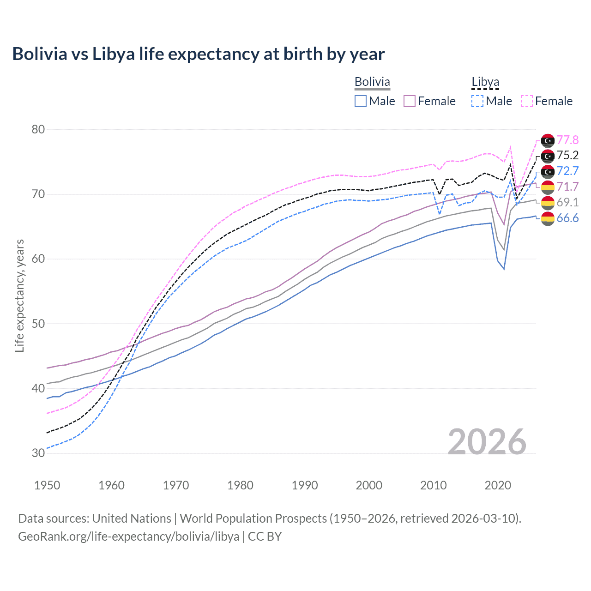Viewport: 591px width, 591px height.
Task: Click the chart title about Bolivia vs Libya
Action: point(198,54)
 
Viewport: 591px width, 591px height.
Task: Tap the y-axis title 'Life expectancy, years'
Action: point(19,295)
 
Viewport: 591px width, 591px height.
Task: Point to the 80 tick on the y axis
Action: point(38,129)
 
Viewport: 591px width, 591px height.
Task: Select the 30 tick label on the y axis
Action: point(38,453)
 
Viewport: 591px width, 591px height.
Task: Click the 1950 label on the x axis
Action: point(47,485)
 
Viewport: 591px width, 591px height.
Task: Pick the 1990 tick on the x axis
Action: point(305,485)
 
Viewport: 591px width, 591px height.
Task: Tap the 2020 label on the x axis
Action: point(498,485)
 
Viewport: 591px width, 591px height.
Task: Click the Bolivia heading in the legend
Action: point(372,82)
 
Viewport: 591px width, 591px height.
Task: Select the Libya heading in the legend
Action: point(485,82)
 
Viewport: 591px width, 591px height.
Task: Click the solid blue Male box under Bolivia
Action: point(361,101)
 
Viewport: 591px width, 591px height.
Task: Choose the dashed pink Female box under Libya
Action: point(527,101)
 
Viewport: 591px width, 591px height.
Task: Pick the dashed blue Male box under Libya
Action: point(477,101)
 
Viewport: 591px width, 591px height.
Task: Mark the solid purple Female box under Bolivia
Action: point(410,101)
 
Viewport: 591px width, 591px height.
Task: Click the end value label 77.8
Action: point(567,140)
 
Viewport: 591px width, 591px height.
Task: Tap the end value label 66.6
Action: point(567,218)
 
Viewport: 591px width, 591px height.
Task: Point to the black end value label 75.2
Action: point(567,156)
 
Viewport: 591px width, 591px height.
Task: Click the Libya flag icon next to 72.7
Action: point(548,171)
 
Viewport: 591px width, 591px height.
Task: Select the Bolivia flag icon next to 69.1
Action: point(548,202)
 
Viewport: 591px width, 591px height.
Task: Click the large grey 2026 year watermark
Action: point(487,442)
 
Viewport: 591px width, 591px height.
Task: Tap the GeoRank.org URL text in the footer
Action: point(128,537)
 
